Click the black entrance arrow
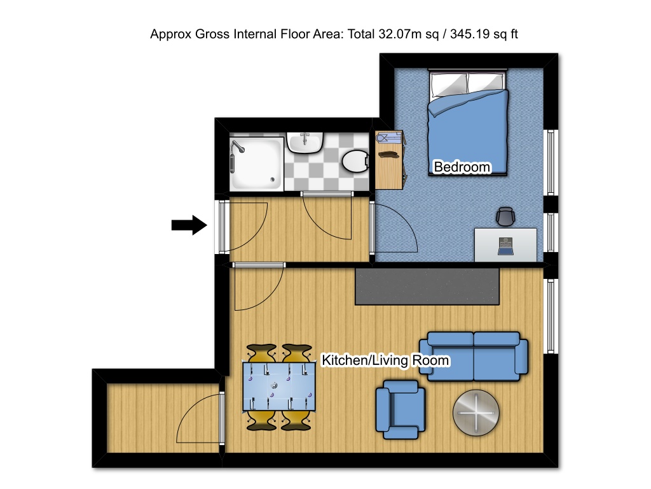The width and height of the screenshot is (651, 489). pyautogui.click(x=189, y=225)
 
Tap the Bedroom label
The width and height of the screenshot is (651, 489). pyautogui.click(x=462, y=167)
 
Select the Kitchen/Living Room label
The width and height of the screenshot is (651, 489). pyautogui.click(x=385, y=360)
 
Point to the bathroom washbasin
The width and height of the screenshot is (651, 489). pyautogui.click(x=305, y=143)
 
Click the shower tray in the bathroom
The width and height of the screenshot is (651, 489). pyautogui.click(x=257, y=164)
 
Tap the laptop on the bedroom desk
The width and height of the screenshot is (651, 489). pyautogui.click(x=505, y=246)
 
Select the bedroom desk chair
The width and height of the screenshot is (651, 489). pyautogui.click(x=505, y=216)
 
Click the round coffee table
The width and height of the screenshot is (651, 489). pyautogui.click(x=476, y=413)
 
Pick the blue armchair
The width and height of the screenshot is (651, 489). pyautogui.click(x=401, y=409)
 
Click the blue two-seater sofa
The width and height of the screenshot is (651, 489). pyautogui.click(x=474, y=356)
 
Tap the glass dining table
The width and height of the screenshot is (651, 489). pyautogui.click(x=279, y=386)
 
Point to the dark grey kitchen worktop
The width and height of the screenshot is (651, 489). pyautogui.click(x=427, y=287)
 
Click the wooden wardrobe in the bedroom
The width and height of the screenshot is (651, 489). pyautogui.click(x=389, y=160)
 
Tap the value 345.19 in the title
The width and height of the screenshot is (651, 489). pyautogui.click(x=470, y=34)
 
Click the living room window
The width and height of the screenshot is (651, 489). pyautogui.click(x=551, y=316)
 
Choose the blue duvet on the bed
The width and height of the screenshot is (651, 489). pyautogui.click(x=469, y=132)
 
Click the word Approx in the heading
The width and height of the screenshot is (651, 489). pyautogui.click(x=170, y=34)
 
